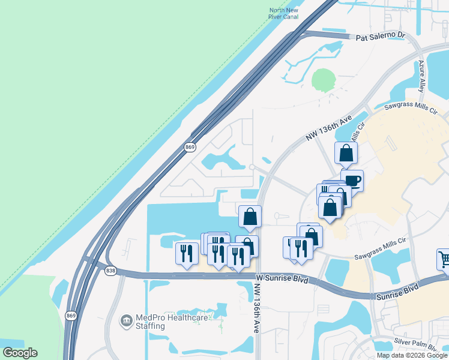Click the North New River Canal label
tap(284, 14)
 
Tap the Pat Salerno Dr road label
tap(381, 36)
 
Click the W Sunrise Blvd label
tap(281, 279)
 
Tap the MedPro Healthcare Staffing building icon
tap(127, 322)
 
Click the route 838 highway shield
tap(110, 271)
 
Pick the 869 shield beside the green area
tap(190, 146)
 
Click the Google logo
tap(20, 353)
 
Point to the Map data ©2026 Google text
tap(412, 355)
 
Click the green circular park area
tap(323, 79)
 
